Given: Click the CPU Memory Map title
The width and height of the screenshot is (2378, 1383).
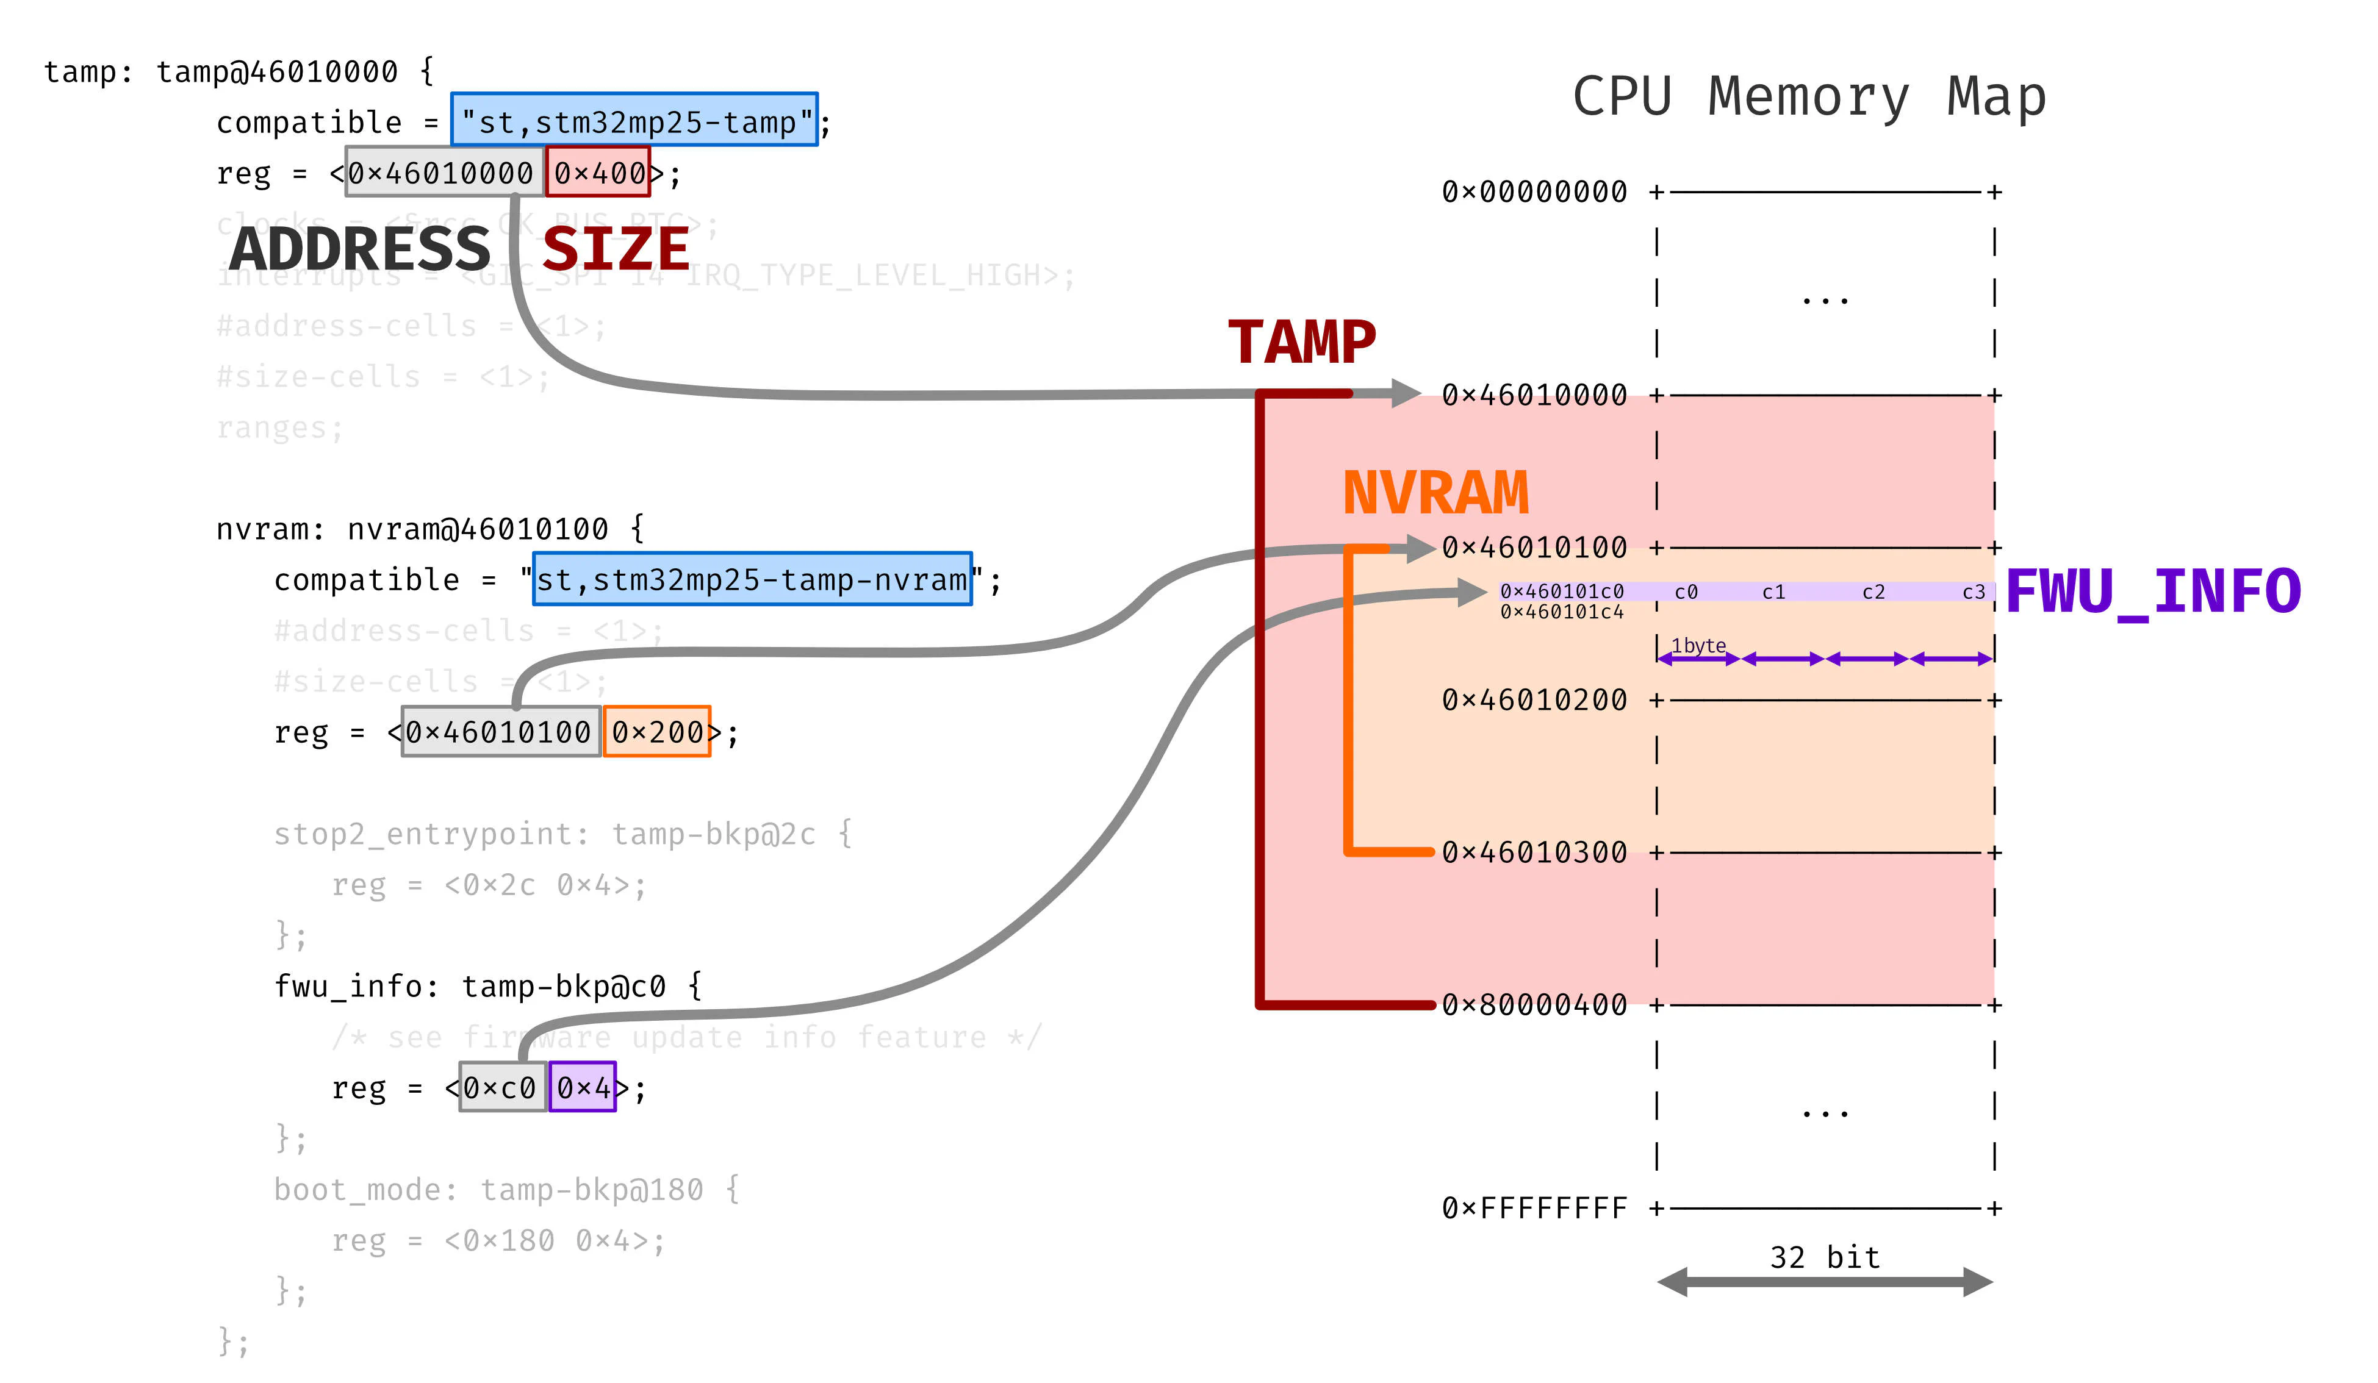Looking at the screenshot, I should tap(1808, 96).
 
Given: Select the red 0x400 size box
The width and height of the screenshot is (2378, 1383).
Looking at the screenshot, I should tap(598, 173).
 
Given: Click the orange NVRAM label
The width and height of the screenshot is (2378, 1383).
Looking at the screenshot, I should tap(1435, 493).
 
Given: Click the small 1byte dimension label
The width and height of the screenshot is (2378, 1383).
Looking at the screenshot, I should tap(1698, 645).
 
